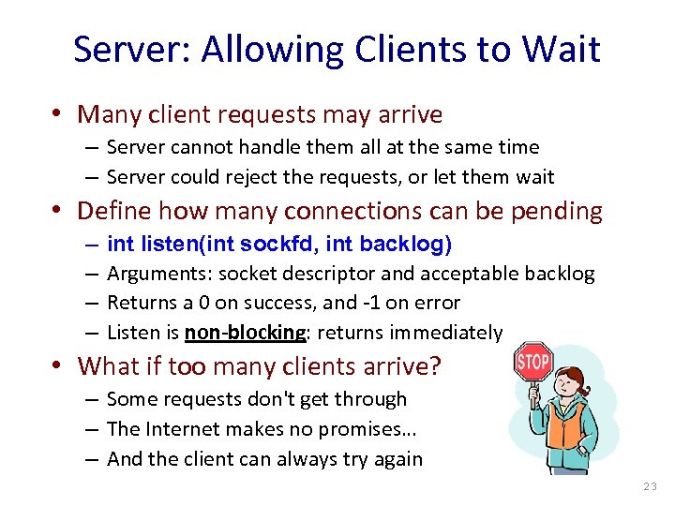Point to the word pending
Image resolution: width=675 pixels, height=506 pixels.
click(557, 211)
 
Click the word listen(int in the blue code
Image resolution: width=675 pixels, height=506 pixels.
click(187, 245)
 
